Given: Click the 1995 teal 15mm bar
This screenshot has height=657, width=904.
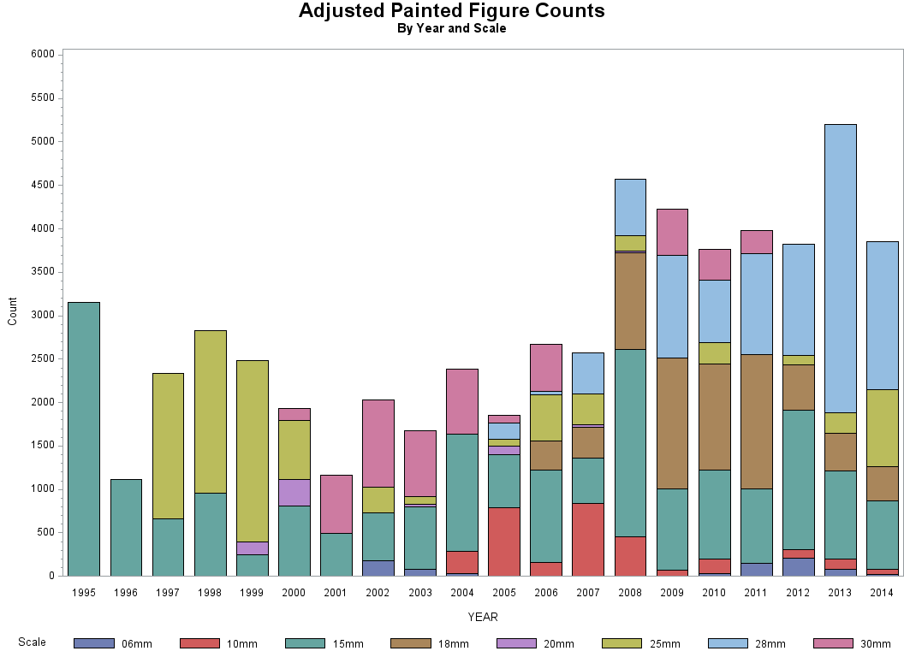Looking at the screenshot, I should (84, 439).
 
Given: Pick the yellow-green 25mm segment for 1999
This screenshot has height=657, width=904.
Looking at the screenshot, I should (252, 451).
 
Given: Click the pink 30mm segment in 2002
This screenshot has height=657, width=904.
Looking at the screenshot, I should (378, 443).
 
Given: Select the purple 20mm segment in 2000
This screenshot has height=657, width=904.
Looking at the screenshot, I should (294, 493).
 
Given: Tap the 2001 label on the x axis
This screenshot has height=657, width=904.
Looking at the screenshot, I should (336, 592).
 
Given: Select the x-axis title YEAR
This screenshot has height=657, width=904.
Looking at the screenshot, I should (482, 617).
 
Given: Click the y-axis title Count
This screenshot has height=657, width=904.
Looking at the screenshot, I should (12, 311).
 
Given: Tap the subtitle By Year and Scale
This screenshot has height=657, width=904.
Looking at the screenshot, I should (451, 28).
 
